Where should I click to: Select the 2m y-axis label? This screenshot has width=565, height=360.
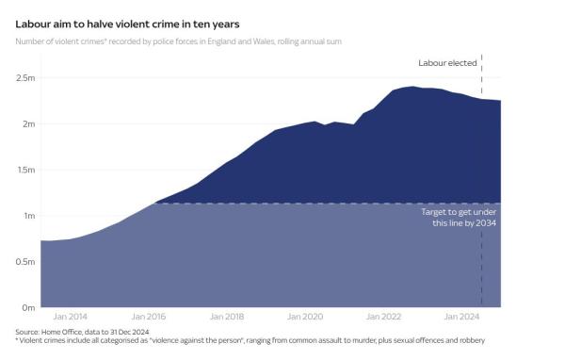click(27, 124)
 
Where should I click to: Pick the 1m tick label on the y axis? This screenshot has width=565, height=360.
click(27, 216)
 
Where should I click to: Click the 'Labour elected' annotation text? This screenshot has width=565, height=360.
click(447, 63)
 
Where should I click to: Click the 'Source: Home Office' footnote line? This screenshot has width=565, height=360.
click(81, 332)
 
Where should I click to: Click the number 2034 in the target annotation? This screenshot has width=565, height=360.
click(485, 223)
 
